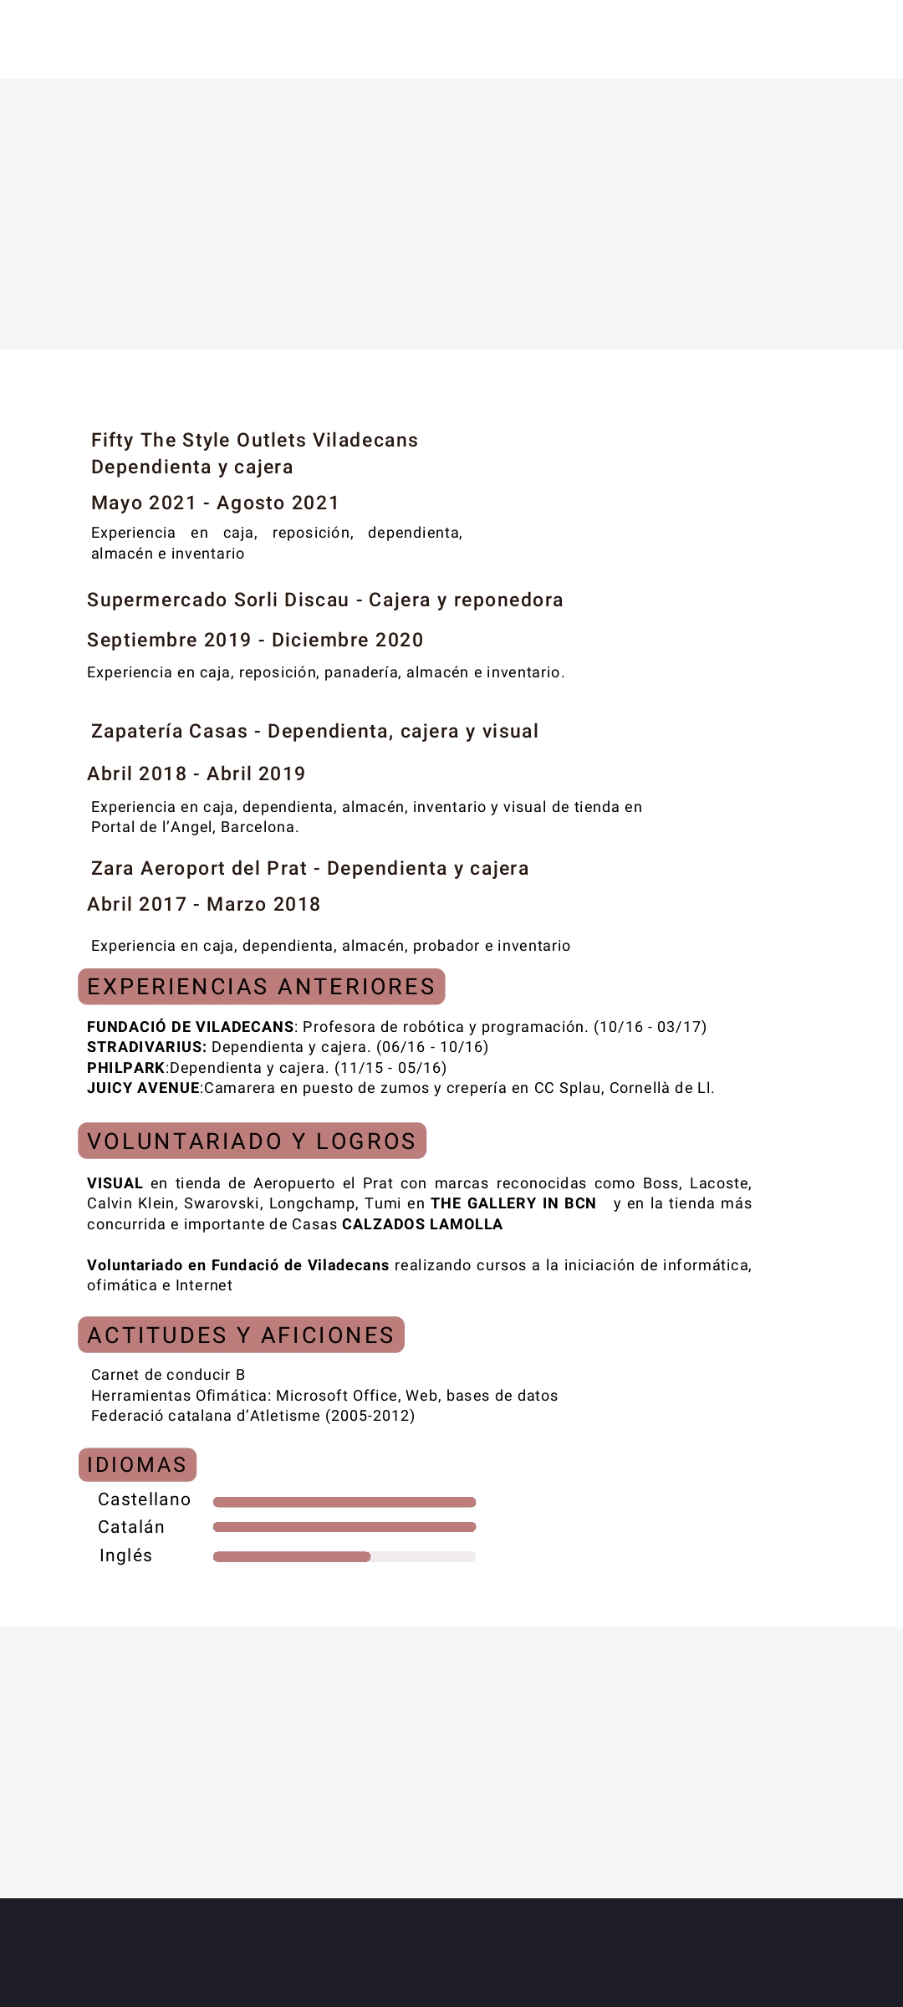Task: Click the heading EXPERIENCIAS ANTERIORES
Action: click(x=261, y=987)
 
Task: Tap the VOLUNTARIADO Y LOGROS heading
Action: click(x=252, y=1141)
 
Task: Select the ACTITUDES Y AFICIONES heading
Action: click(x=241, y=1335)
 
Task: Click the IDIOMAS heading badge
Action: click(x=137, y=1465)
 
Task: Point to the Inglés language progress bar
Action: click(x=344, y=1556)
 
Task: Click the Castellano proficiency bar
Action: click(x=344, y=1502)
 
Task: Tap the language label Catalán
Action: click(x=131, y=1527)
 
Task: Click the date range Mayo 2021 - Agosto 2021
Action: click(x=215, y=503)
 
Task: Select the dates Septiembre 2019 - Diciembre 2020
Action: click(x=255, y=640)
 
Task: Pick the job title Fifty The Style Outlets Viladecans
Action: click(x=254, y=440)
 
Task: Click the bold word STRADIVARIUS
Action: click(x=146, y=1047)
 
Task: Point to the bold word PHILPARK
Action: click(x=126, y=1068)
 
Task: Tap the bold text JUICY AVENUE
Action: click(x=143, y=1088)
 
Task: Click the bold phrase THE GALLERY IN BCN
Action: click(x=513, y=1203)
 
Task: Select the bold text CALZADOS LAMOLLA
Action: click(x=422, y=1224)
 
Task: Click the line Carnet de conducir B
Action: click(x=168, y=1375)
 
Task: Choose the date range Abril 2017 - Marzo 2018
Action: click(x=203, y=904)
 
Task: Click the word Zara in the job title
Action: click(x=112, y=868)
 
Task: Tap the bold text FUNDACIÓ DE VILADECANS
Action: click(x=191, y=1027)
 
